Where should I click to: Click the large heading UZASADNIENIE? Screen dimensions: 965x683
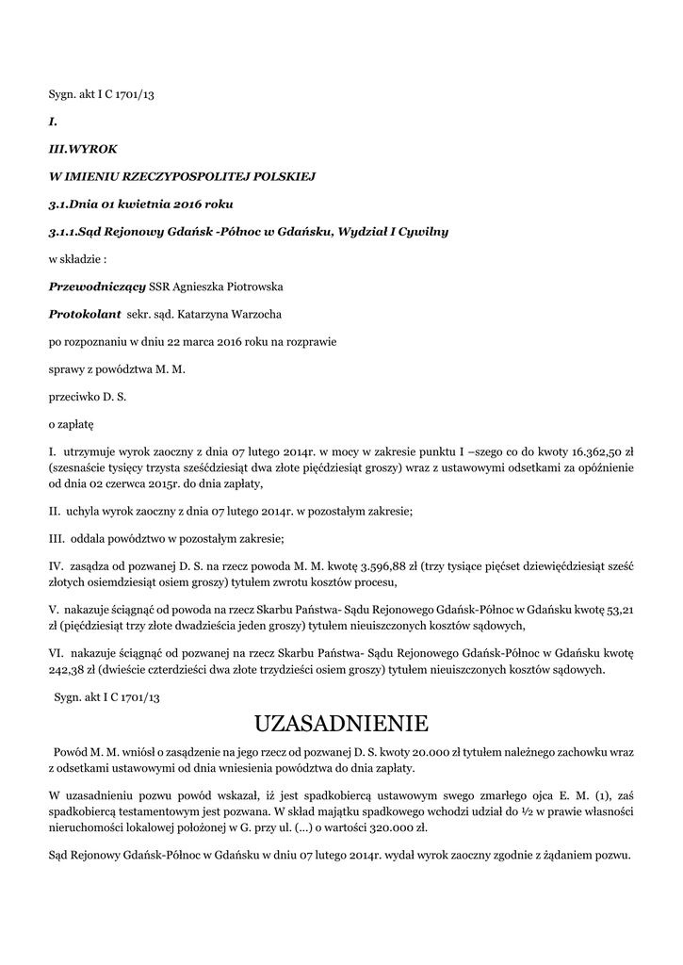click(x=341, y=724)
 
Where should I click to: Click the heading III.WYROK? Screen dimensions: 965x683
click(x=83, y=148)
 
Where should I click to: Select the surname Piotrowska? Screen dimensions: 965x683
click(x=249, y=286)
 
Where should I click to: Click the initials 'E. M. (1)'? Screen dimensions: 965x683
click(x=568, y=796)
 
